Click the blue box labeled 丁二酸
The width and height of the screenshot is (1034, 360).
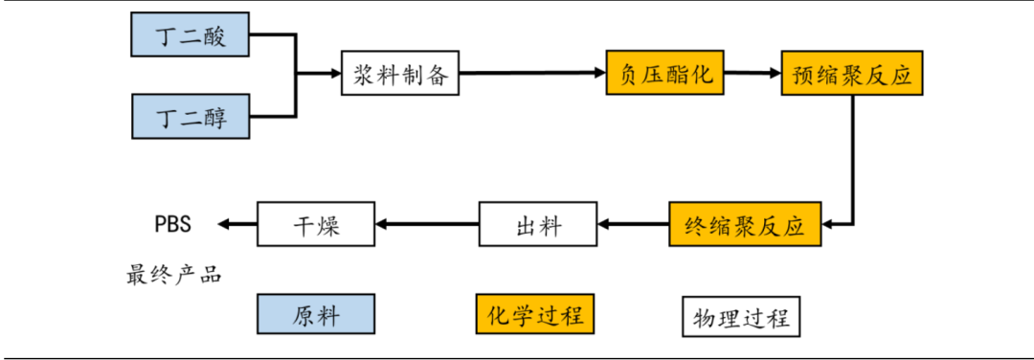[x=190, y=37]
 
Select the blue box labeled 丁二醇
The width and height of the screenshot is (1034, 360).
[x=190, y=117]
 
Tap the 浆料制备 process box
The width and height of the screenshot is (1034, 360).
[x=400, y=73]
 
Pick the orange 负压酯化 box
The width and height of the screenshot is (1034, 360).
[x=663, y=73]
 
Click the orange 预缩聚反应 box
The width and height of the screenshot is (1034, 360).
[x=852, y=73]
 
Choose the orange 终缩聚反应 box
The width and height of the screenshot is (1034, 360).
[x=745, y=225]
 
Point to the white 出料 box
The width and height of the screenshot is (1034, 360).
[x=538, y=225]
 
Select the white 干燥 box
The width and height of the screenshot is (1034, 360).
[x=316, y=225]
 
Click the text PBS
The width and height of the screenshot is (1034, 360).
[x=173, y=225]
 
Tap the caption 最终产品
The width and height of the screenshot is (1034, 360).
[x=173, y=275]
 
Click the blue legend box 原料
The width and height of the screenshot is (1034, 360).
[x=316, y=315]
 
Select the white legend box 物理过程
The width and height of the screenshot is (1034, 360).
[x=742, y=316]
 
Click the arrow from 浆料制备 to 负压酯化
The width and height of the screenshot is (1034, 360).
[x=531, y=73]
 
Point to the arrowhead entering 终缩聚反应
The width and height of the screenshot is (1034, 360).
[x=829, y=225]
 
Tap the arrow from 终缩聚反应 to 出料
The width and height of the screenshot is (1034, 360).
[x=633, y=225]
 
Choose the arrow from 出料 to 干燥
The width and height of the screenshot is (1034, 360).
[x=427, y=225]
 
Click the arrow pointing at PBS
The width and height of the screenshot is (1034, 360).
[x=237, y=225]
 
